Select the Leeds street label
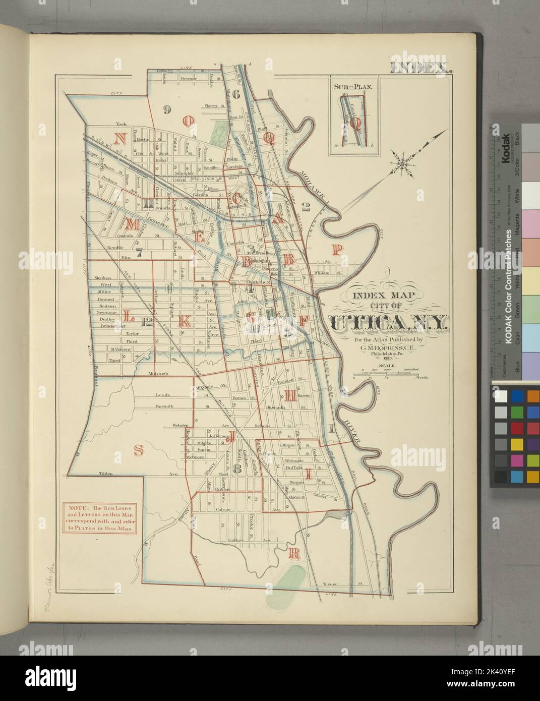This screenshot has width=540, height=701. coord(163,395)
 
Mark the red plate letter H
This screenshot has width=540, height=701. coord(290,396)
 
